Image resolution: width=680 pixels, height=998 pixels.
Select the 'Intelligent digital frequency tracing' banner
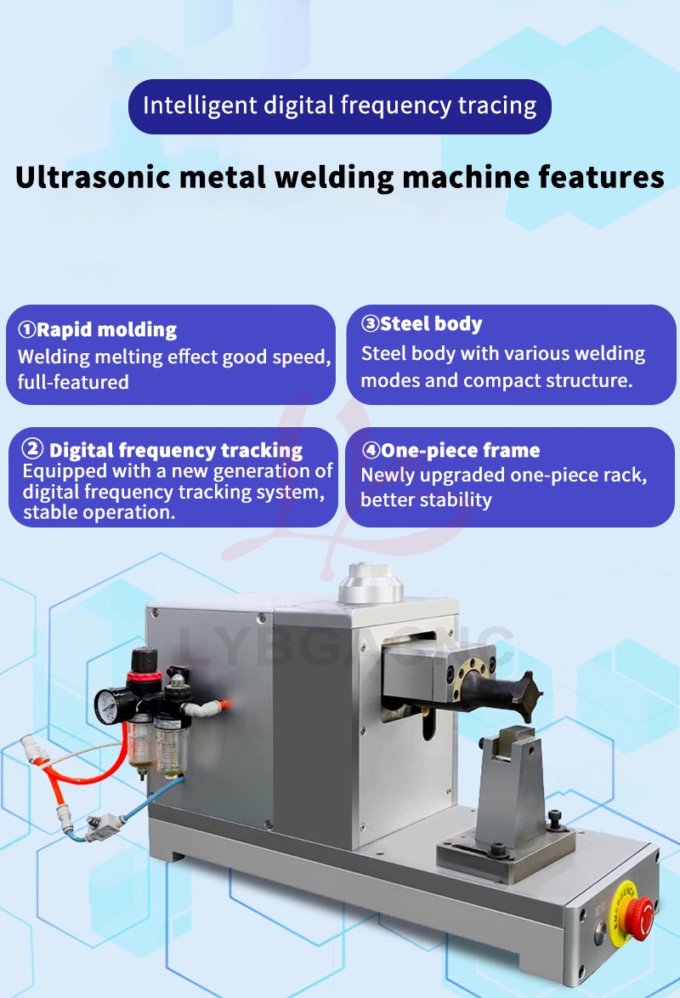click(x=339, y=106)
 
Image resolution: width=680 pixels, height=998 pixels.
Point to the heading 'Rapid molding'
click(x=106, y=329)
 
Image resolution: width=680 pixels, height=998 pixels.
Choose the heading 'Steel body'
click(x=431, y=323)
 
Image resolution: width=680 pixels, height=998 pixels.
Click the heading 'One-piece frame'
click(x=460, y=450)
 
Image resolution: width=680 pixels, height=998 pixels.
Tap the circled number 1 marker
click(x=26, y=329)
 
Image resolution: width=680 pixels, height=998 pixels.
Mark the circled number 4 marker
click(x=370, y=450)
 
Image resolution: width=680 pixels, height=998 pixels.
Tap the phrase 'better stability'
click(x=426, y=499)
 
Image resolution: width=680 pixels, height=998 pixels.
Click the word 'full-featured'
click(x=73, y=382)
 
